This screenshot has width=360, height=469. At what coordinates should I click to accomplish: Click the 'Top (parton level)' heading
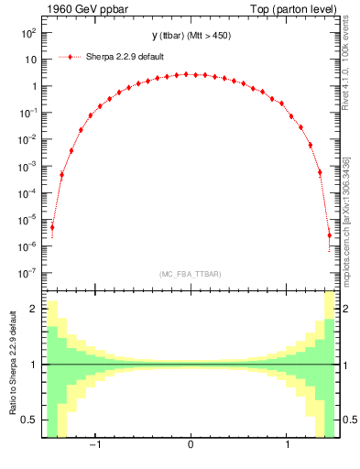pos(297,8)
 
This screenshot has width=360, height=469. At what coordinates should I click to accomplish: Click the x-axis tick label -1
pos(93,446)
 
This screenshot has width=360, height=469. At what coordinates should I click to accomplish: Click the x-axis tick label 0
pos(190,446)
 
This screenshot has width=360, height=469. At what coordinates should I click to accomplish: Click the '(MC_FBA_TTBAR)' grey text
pos(190,274)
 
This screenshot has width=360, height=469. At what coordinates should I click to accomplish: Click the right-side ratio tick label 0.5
pos(349,420)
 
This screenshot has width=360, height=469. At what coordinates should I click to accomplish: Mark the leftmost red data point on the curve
pos(52,226)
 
